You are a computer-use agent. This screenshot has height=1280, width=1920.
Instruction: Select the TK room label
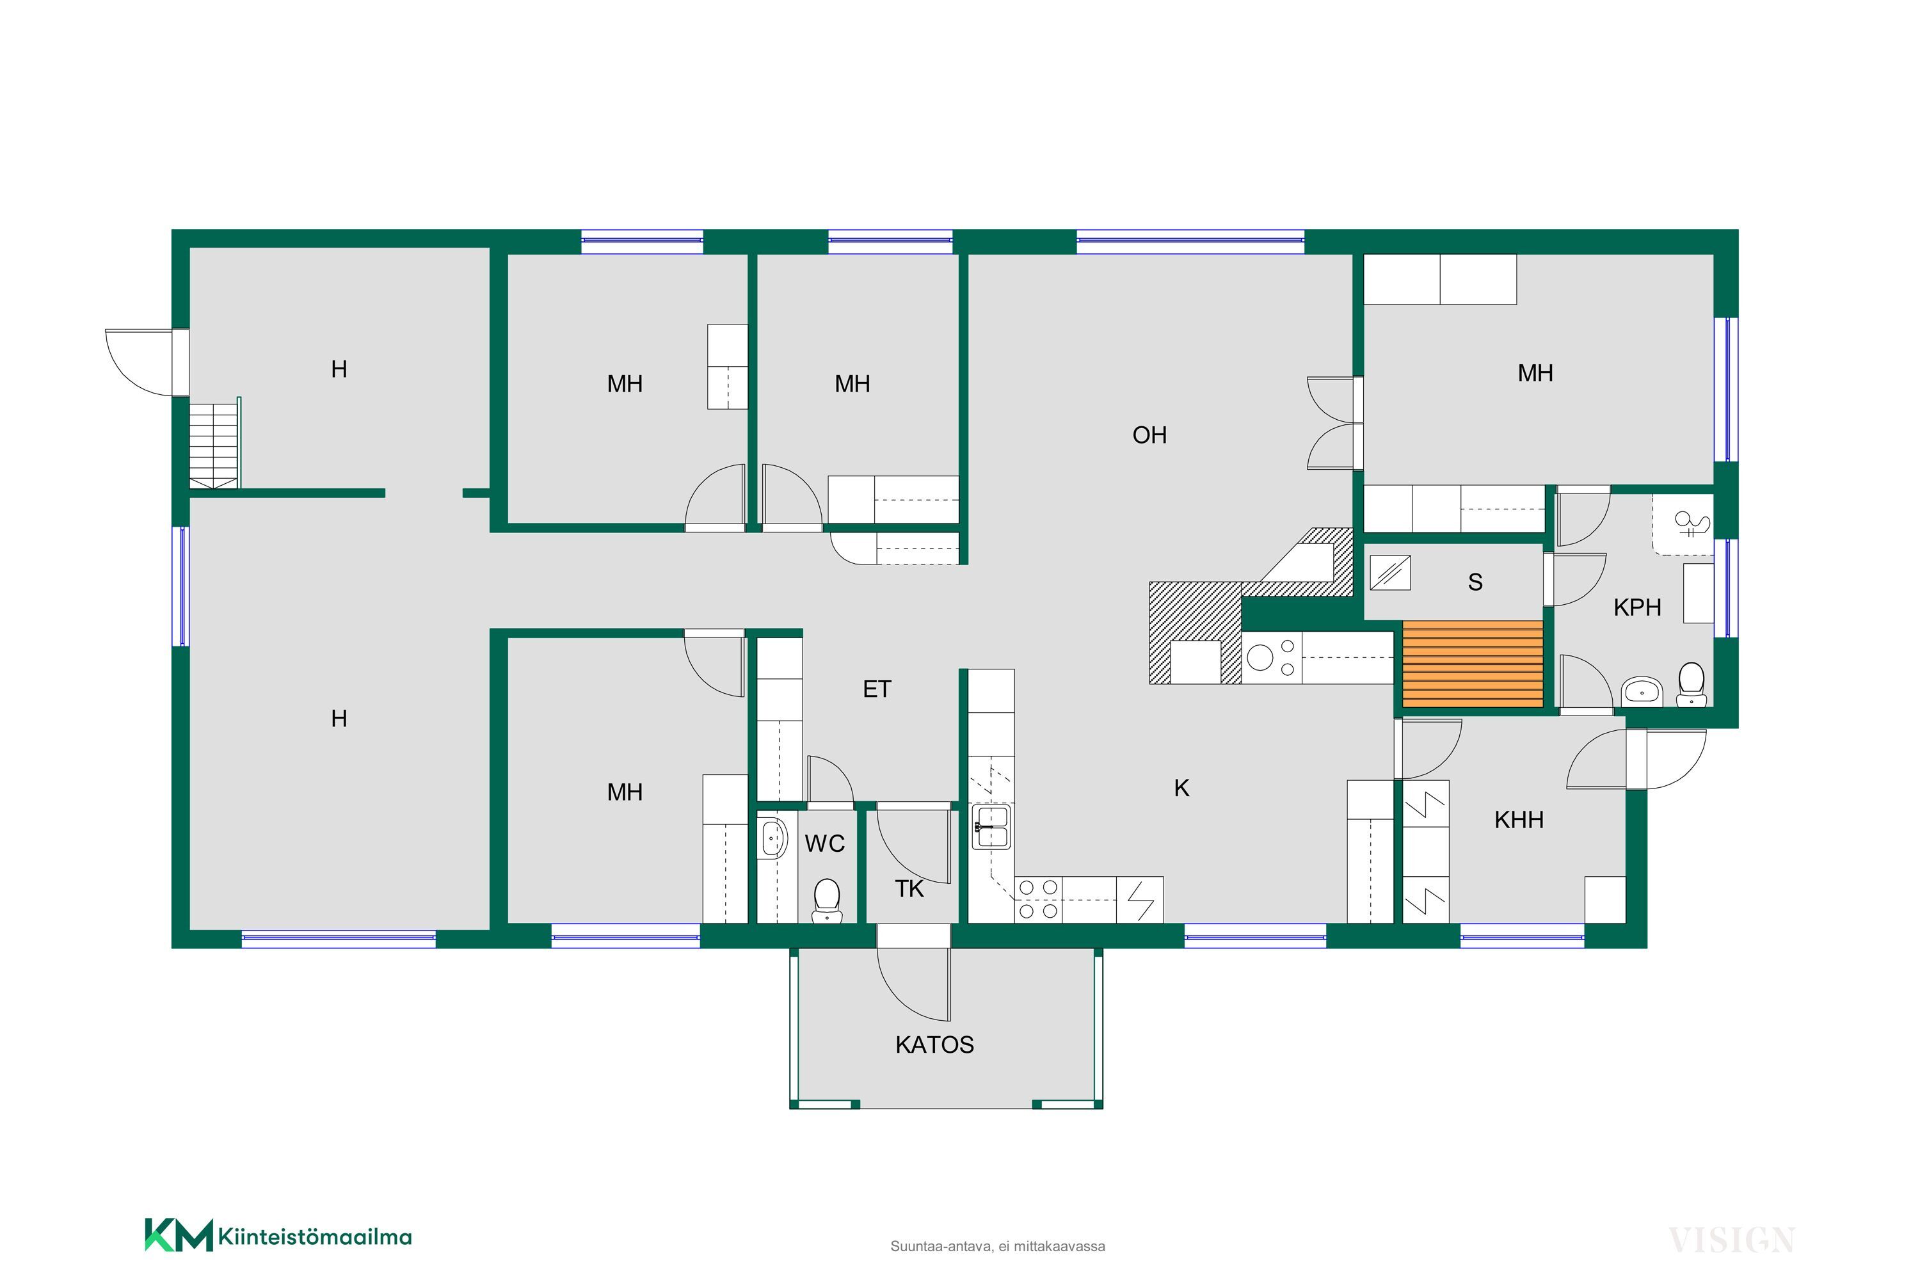pyautogui.click(x=909, y=889)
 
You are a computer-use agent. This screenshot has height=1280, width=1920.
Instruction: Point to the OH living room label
pyautogui.click(x=1149, y=435)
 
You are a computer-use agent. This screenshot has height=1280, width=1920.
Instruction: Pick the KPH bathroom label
pyautogui.click(x=1638, y=607)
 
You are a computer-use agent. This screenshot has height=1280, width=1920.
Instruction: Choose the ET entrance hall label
pyautogui.click(x=877, y=689)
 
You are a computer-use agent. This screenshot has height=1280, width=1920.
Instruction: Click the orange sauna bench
pyautogui.click(x=1473, y=664)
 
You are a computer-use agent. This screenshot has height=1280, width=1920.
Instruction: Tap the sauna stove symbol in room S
pyautogui.click(x=1390, y=572)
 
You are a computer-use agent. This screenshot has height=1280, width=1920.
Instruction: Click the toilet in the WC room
pyautogui.click(x=827, y=900)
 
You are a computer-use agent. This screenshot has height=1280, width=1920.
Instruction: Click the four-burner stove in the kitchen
pyautogui.click(x=1038, y=900)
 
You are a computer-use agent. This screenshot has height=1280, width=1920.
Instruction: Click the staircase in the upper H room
pyautogui.click(x=214, y=444)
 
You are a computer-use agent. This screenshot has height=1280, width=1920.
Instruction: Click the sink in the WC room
pyautogui.click(x=773, y=838)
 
